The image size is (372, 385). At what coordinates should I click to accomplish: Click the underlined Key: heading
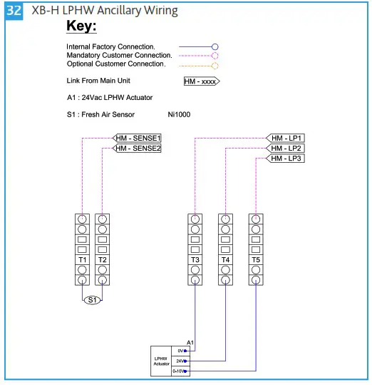(x=81, y=26)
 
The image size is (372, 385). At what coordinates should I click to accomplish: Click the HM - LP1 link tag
(x=287, y=138)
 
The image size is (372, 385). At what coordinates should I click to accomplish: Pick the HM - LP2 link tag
(x=287, y=148)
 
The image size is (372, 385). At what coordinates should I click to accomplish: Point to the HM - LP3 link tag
(x=287, y=159)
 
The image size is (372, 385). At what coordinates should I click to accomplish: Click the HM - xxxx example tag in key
(x=201, y=81)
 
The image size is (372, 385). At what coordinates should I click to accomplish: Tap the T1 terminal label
(x=83, y=259)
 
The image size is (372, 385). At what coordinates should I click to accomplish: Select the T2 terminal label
(x=103, y=259)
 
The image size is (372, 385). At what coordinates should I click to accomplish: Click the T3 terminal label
(x=195, y=259)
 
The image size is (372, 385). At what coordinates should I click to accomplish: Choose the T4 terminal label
(x=225, y=259)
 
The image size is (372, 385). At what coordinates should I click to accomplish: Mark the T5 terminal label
(x=255, y=259)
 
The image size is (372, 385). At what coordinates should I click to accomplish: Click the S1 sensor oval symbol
(x=93, y=300)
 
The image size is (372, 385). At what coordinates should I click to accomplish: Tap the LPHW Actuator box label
(x=162, y=361)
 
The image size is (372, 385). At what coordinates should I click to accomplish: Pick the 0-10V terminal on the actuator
(x=180, y=371)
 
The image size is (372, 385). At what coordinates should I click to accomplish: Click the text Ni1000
(x=179, y=114)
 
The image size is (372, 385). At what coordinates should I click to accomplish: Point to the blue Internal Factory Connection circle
(x=215, y=46)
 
